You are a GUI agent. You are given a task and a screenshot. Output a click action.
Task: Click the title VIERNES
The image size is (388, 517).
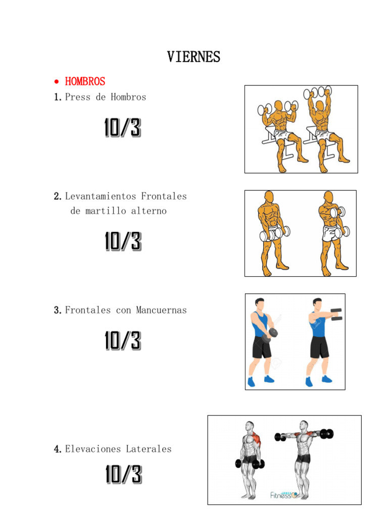click(193, 57)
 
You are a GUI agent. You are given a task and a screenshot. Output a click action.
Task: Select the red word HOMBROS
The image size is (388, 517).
click(85, 81)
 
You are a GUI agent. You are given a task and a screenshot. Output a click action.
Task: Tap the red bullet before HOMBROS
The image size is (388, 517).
click(57, 82)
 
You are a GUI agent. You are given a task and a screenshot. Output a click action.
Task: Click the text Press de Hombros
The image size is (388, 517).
click(105, 97)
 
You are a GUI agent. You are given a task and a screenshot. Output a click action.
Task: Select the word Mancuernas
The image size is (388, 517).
click(161, 310)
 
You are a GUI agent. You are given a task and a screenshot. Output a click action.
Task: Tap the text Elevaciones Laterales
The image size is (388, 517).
click(118, 449)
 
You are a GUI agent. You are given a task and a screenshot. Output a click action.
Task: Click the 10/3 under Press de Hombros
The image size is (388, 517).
click(122, 128)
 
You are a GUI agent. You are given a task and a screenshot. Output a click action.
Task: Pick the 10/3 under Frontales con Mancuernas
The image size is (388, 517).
click(122, 341)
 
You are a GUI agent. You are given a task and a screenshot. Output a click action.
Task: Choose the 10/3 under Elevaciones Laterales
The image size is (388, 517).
click(123, 475)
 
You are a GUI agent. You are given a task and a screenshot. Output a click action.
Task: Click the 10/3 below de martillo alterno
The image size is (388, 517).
click(122, 241)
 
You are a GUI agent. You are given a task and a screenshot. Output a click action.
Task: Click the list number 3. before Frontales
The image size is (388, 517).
click(58, 310)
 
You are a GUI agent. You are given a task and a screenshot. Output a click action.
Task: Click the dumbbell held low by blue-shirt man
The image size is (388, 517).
click(273, 333)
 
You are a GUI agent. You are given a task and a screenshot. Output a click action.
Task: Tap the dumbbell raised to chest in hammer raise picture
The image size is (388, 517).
click(336, 212)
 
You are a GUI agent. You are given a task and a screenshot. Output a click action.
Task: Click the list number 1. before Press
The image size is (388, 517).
click(58, 97)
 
